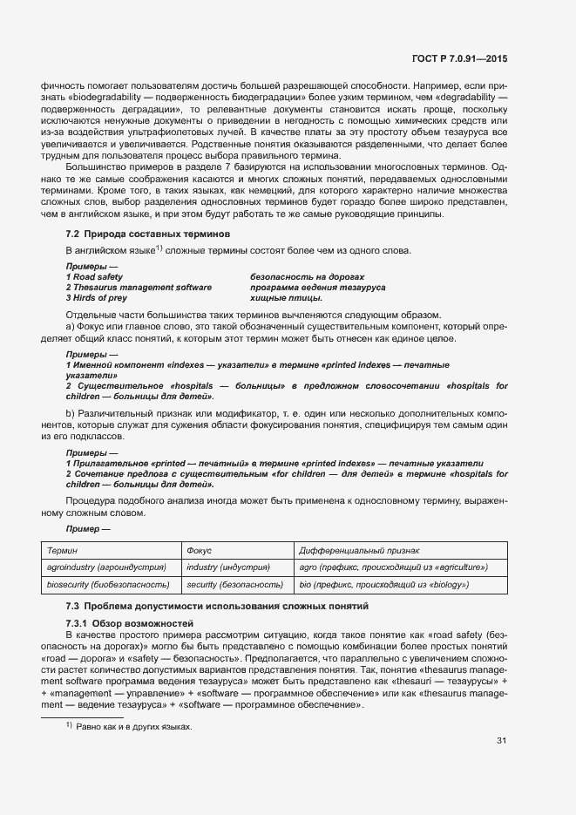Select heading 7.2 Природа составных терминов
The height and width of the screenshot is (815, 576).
click(x=148, y=234)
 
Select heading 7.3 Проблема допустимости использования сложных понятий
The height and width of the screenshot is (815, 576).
click(x=217, y=605)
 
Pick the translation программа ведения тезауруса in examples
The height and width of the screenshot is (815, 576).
click(x=317, y=287)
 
